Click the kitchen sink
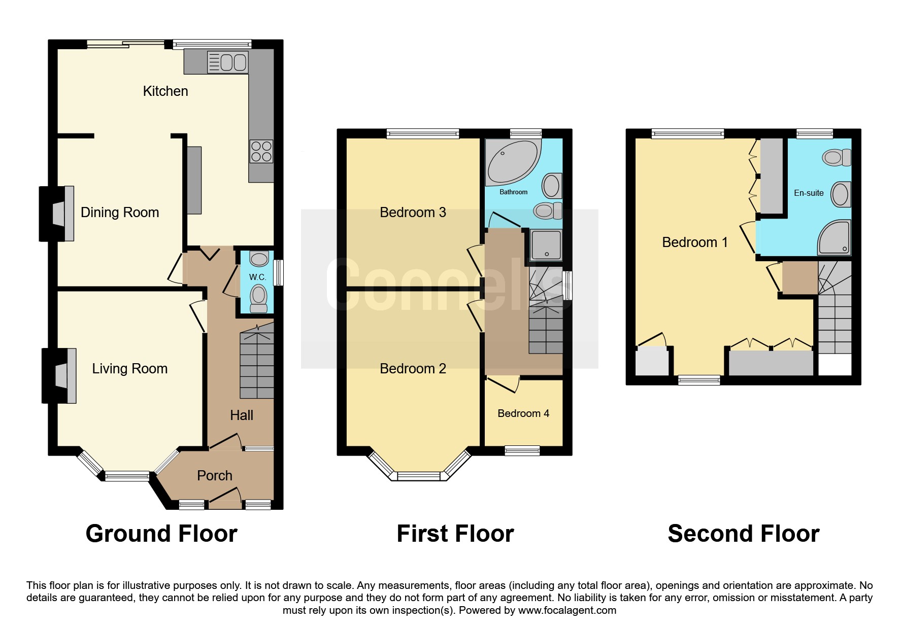(x=227, y=62)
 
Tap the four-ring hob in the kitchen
(x=261, y=151)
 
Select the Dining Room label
(x=120, y=213)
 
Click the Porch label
(x=214, y=476)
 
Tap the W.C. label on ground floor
(x=257, y=277)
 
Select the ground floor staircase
(x=257, y=363)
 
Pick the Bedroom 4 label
(x=523, y=413)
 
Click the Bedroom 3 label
(x=413, y=213)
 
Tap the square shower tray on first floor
(x=546, y=245)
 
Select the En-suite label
(x=808, y=193)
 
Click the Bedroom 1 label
(x=694, y=242)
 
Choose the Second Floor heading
(x=743, y=534)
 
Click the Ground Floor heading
(x=161, y=534)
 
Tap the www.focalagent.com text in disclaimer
(x=567, y=610)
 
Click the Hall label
(x=241, y=415)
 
